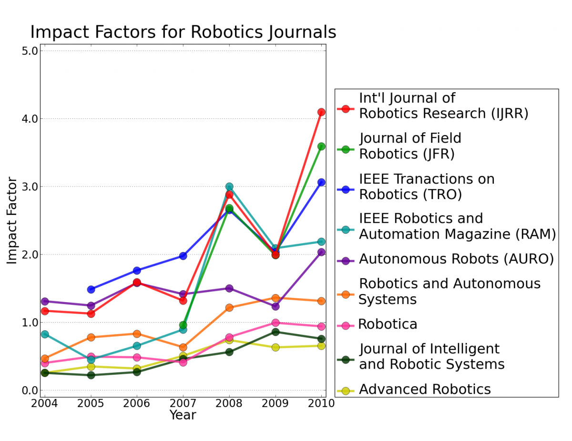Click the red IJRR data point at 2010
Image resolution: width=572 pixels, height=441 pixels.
321,112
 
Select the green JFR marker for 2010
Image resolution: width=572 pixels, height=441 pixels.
321,147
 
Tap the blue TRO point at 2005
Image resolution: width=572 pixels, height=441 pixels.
91,289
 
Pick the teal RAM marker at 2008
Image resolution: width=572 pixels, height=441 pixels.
229,187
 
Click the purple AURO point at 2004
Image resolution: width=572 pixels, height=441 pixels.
45,301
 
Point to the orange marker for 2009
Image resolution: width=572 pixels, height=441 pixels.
276,298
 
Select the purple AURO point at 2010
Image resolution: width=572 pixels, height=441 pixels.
321,252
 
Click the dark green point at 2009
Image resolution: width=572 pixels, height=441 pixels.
276,332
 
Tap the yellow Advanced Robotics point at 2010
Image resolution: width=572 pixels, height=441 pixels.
321,346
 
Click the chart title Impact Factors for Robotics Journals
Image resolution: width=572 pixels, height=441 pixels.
183,32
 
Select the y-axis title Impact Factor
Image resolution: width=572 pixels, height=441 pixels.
12,220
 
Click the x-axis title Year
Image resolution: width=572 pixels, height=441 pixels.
183,415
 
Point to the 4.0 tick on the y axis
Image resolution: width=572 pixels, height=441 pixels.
30,118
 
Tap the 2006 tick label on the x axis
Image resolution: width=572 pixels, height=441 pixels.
137,403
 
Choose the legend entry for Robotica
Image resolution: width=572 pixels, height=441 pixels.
388,325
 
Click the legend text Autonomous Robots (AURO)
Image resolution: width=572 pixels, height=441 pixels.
456,259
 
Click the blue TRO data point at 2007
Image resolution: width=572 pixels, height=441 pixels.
183,256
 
